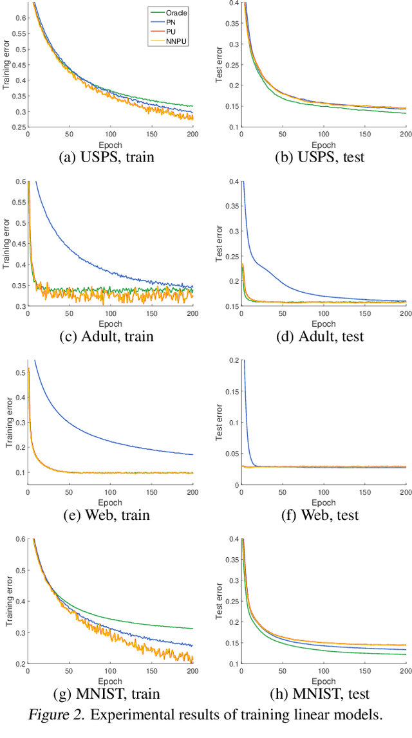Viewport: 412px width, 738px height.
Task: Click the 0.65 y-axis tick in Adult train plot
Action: tap(18, 162)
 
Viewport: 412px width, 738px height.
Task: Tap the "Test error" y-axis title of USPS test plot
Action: tap(219, 64)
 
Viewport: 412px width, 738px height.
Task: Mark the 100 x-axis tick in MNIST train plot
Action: tap(110, 670)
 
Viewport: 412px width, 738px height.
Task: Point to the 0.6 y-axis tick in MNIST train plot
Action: tap(19, 539)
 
